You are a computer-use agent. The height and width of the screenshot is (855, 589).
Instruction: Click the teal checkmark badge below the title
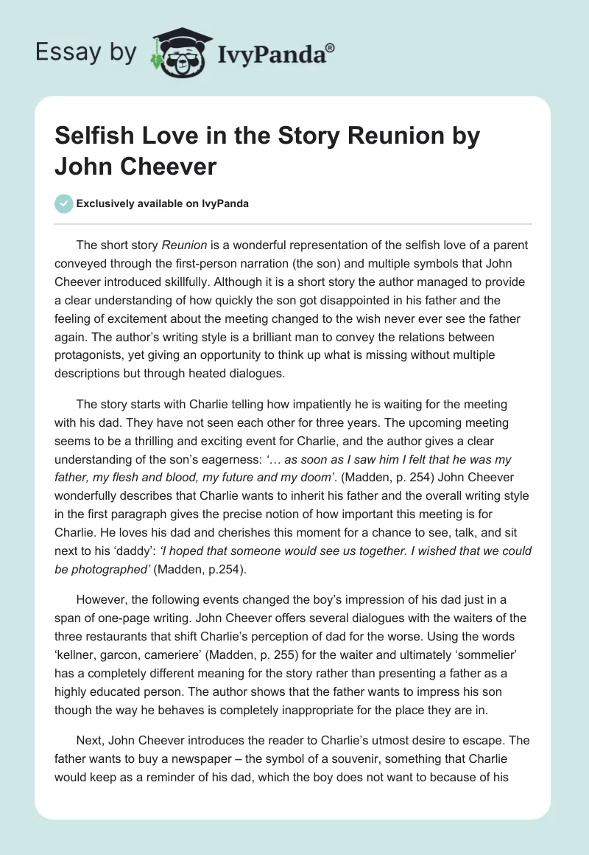point(63,203)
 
